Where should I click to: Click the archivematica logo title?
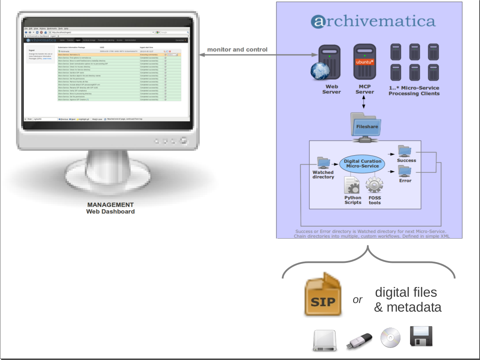[x=373, y=21]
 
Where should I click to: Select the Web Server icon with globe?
[x=327, y=63]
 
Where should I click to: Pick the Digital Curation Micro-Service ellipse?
[x=362, y=164]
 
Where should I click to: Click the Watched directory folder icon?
[x=323, y=163]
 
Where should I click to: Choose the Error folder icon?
[x=404, y=171]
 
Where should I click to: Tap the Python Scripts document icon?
[x=352, y=185]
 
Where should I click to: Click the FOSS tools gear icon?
[x=374, y=185]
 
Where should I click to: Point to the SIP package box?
[x=323, y=296]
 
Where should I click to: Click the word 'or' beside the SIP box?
[x=357, y=300]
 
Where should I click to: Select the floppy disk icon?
[x=421, y=337]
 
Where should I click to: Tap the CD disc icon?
[x=390, y=337]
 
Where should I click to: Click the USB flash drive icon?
[x=359, y=341]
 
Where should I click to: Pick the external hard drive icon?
[x=324, y=340]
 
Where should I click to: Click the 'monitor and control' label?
[x=237, y=50]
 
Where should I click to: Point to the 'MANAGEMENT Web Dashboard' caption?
[x=111, y=208]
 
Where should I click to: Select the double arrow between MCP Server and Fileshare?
[x=364, y=102]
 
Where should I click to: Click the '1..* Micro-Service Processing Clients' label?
[x=414, y=91]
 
